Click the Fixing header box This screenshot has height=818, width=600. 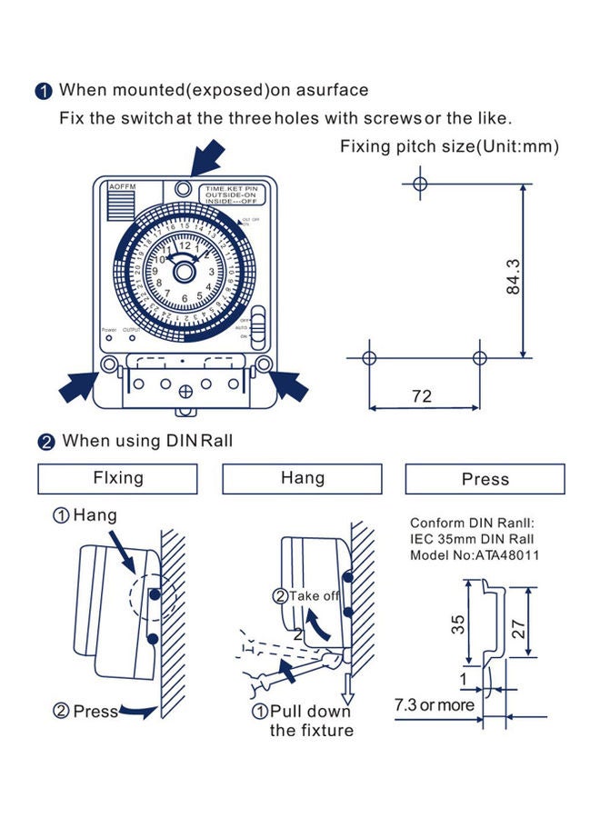(x=118, y=478)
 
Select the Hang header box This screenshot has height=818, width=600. (x=303, y=478)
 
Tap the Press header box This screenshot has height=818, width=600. (x=485, y=479)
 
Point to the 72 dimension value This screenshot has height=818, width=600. (x=422, y=396)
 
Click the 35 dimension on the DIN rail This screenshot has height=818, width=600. (x=459, y=624)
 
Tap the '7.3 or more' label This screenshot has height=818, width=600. (x=435, y=705)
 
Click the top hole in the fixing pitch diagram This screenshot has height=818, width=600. (x=419, y=184)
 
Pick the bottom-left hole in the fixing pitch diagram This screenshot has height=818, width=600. (x=368, y=357)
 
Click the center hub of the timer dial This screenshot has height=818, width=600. (x=185, y=270)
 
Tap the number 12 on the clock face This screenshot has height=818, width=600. (x=185, y=244)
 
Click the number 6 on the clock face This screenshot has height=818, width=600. (x=185, y=297)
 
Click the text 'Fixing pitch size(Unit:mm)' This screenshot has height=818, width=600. (x=449, y=146)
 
